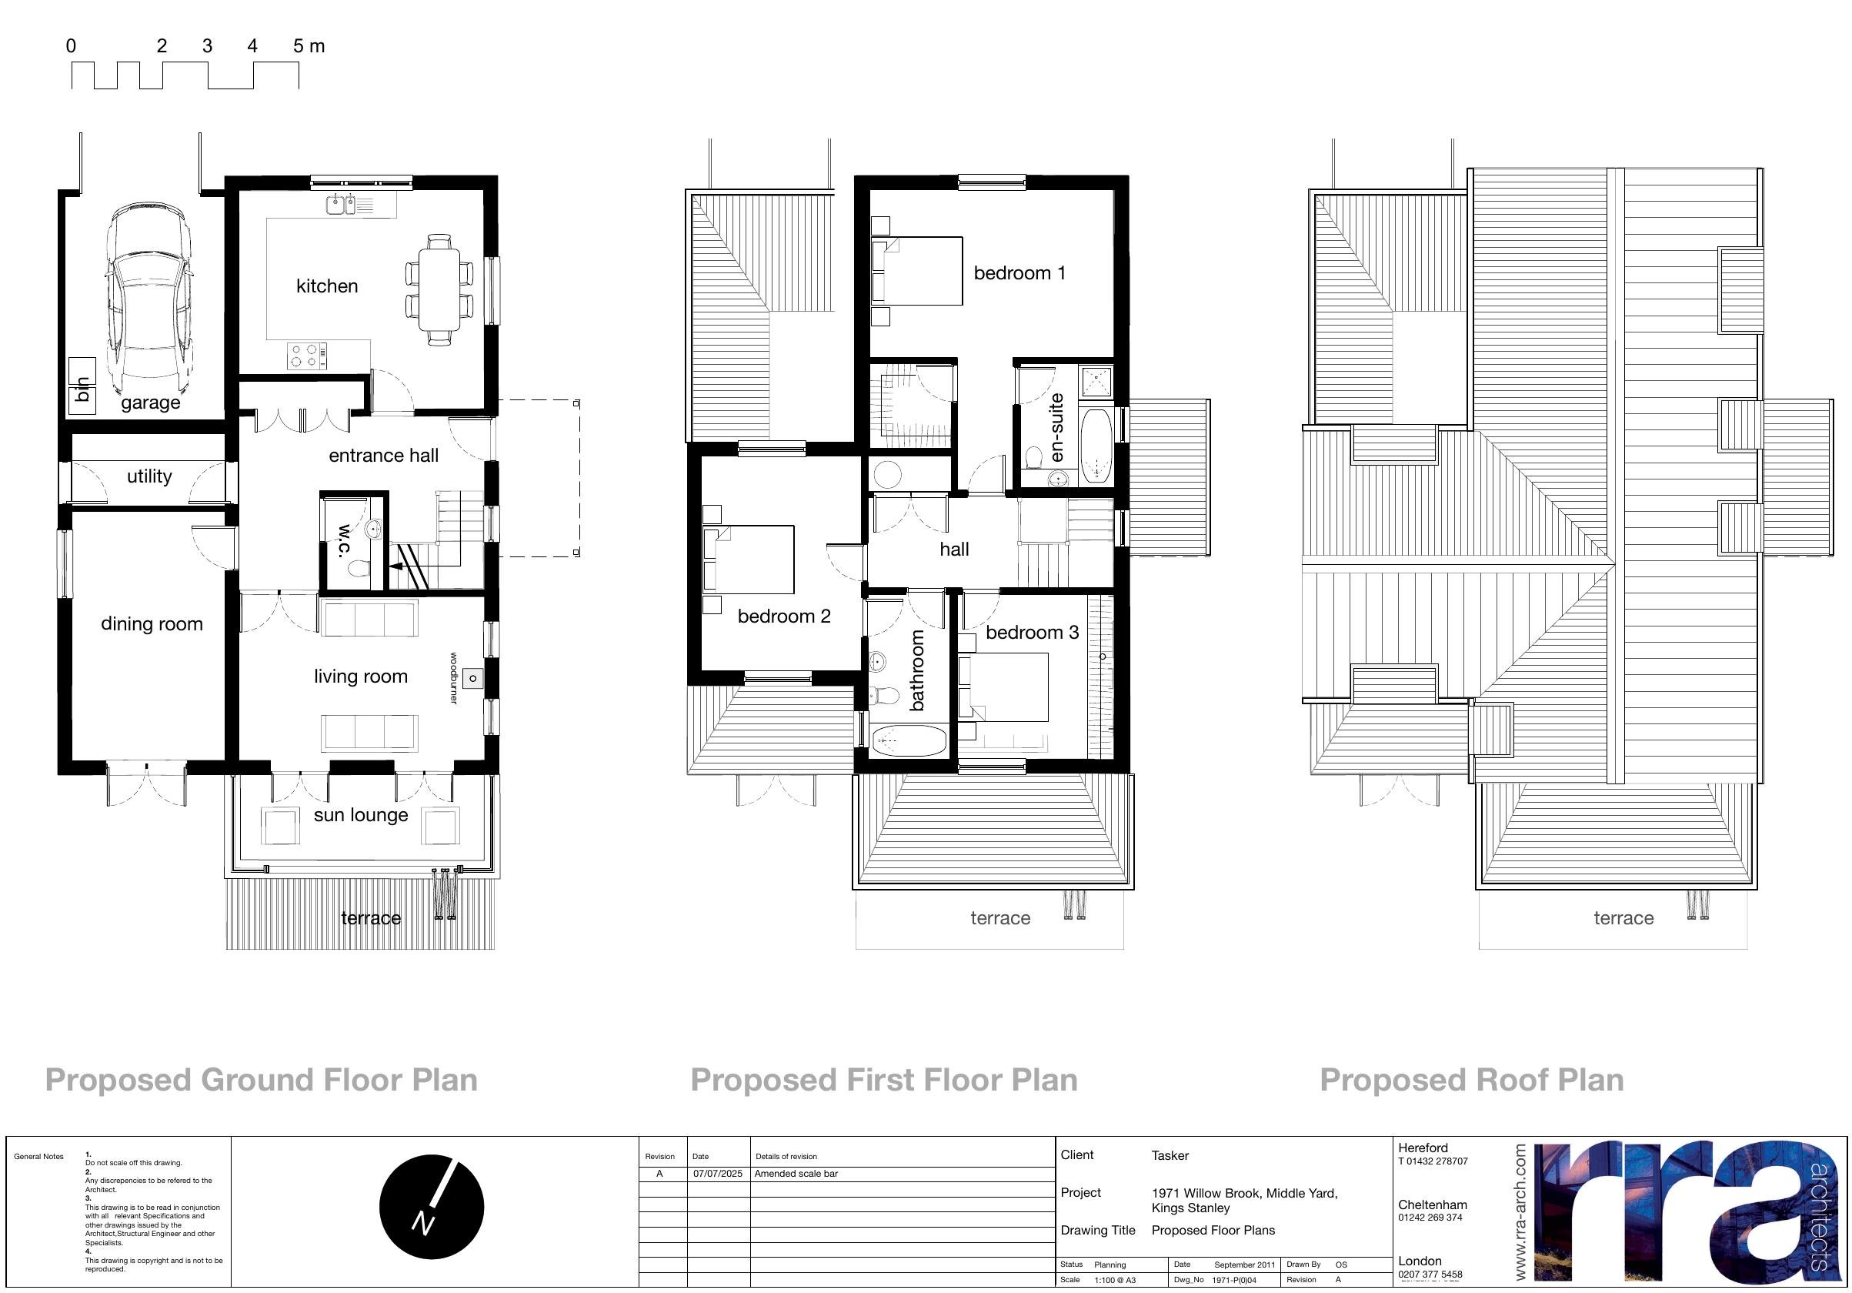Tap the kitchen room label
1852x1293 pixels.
pos(327,286)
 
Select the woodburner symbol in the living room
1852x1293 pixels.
pos(472,678)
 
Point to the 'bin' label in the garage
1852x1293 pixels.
pos(82,389)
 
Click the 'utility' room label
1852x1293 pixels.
pos(149,476)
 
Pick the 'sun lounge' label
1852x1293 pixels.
pos(361,815)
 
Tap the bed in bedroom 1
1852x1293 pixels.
pos(918,271)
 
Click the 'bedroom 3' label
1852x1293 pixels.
pos(1032,633)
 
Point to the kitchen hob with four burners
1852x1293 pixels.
pos(307,356)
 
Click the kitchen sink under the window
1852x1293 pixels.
pos(340,205)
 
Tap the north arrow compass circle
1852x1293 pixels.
pos(432,1207)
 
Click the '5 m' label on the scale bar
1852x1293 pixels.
pos(309,46)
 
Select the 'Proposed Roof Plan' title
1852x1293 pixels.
pos(1471,1080)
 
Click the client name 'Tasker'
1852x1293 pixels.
pos(1170,1156)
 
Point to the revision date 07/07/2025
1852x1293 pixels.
pos(718,1174)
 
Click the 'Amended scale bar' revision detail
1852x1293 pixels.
pos(796,1174)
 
